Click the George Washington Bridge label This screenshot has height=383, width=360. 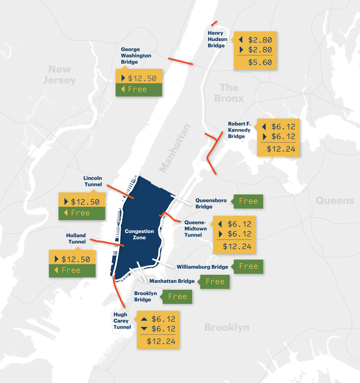point(136,56)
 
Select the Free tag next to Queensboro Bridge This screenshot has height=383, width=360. point(248,201)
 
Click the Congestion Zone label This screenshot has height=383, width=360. point(139,234)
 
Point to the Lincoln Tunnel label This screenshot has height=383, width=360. point(93,181)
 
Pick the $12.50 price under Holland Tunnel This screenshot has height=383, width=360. point(76,259)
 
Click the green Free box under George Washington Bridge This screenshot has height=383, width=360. point(137,89)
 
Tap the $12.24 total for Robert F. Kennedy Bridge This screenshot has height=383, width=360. point(281,149)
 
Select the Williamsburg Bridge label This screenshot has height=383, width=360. point(202,267)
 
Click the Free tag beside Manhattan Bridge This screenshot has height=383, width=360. point(215,282)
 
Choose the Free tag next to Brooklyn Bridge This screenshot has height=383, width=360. point(177,297)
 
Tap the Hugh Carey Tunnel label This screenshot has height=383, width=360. point(122,321)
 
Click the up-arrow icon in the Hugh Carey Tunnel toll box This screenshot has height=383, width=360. point(144,319)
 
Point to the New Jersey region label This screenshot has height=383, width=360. point(59,74)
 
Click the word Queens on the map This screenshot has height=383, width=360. point(335,200)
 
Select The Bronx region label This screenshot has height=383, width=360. point(229,93)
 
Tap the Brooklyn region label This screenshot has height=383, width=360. point(227,327)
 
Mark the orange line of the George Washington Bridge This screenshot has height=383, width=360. point(181,61)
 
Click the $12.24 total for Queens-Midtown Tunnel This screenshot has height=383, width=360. point(237,246)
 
